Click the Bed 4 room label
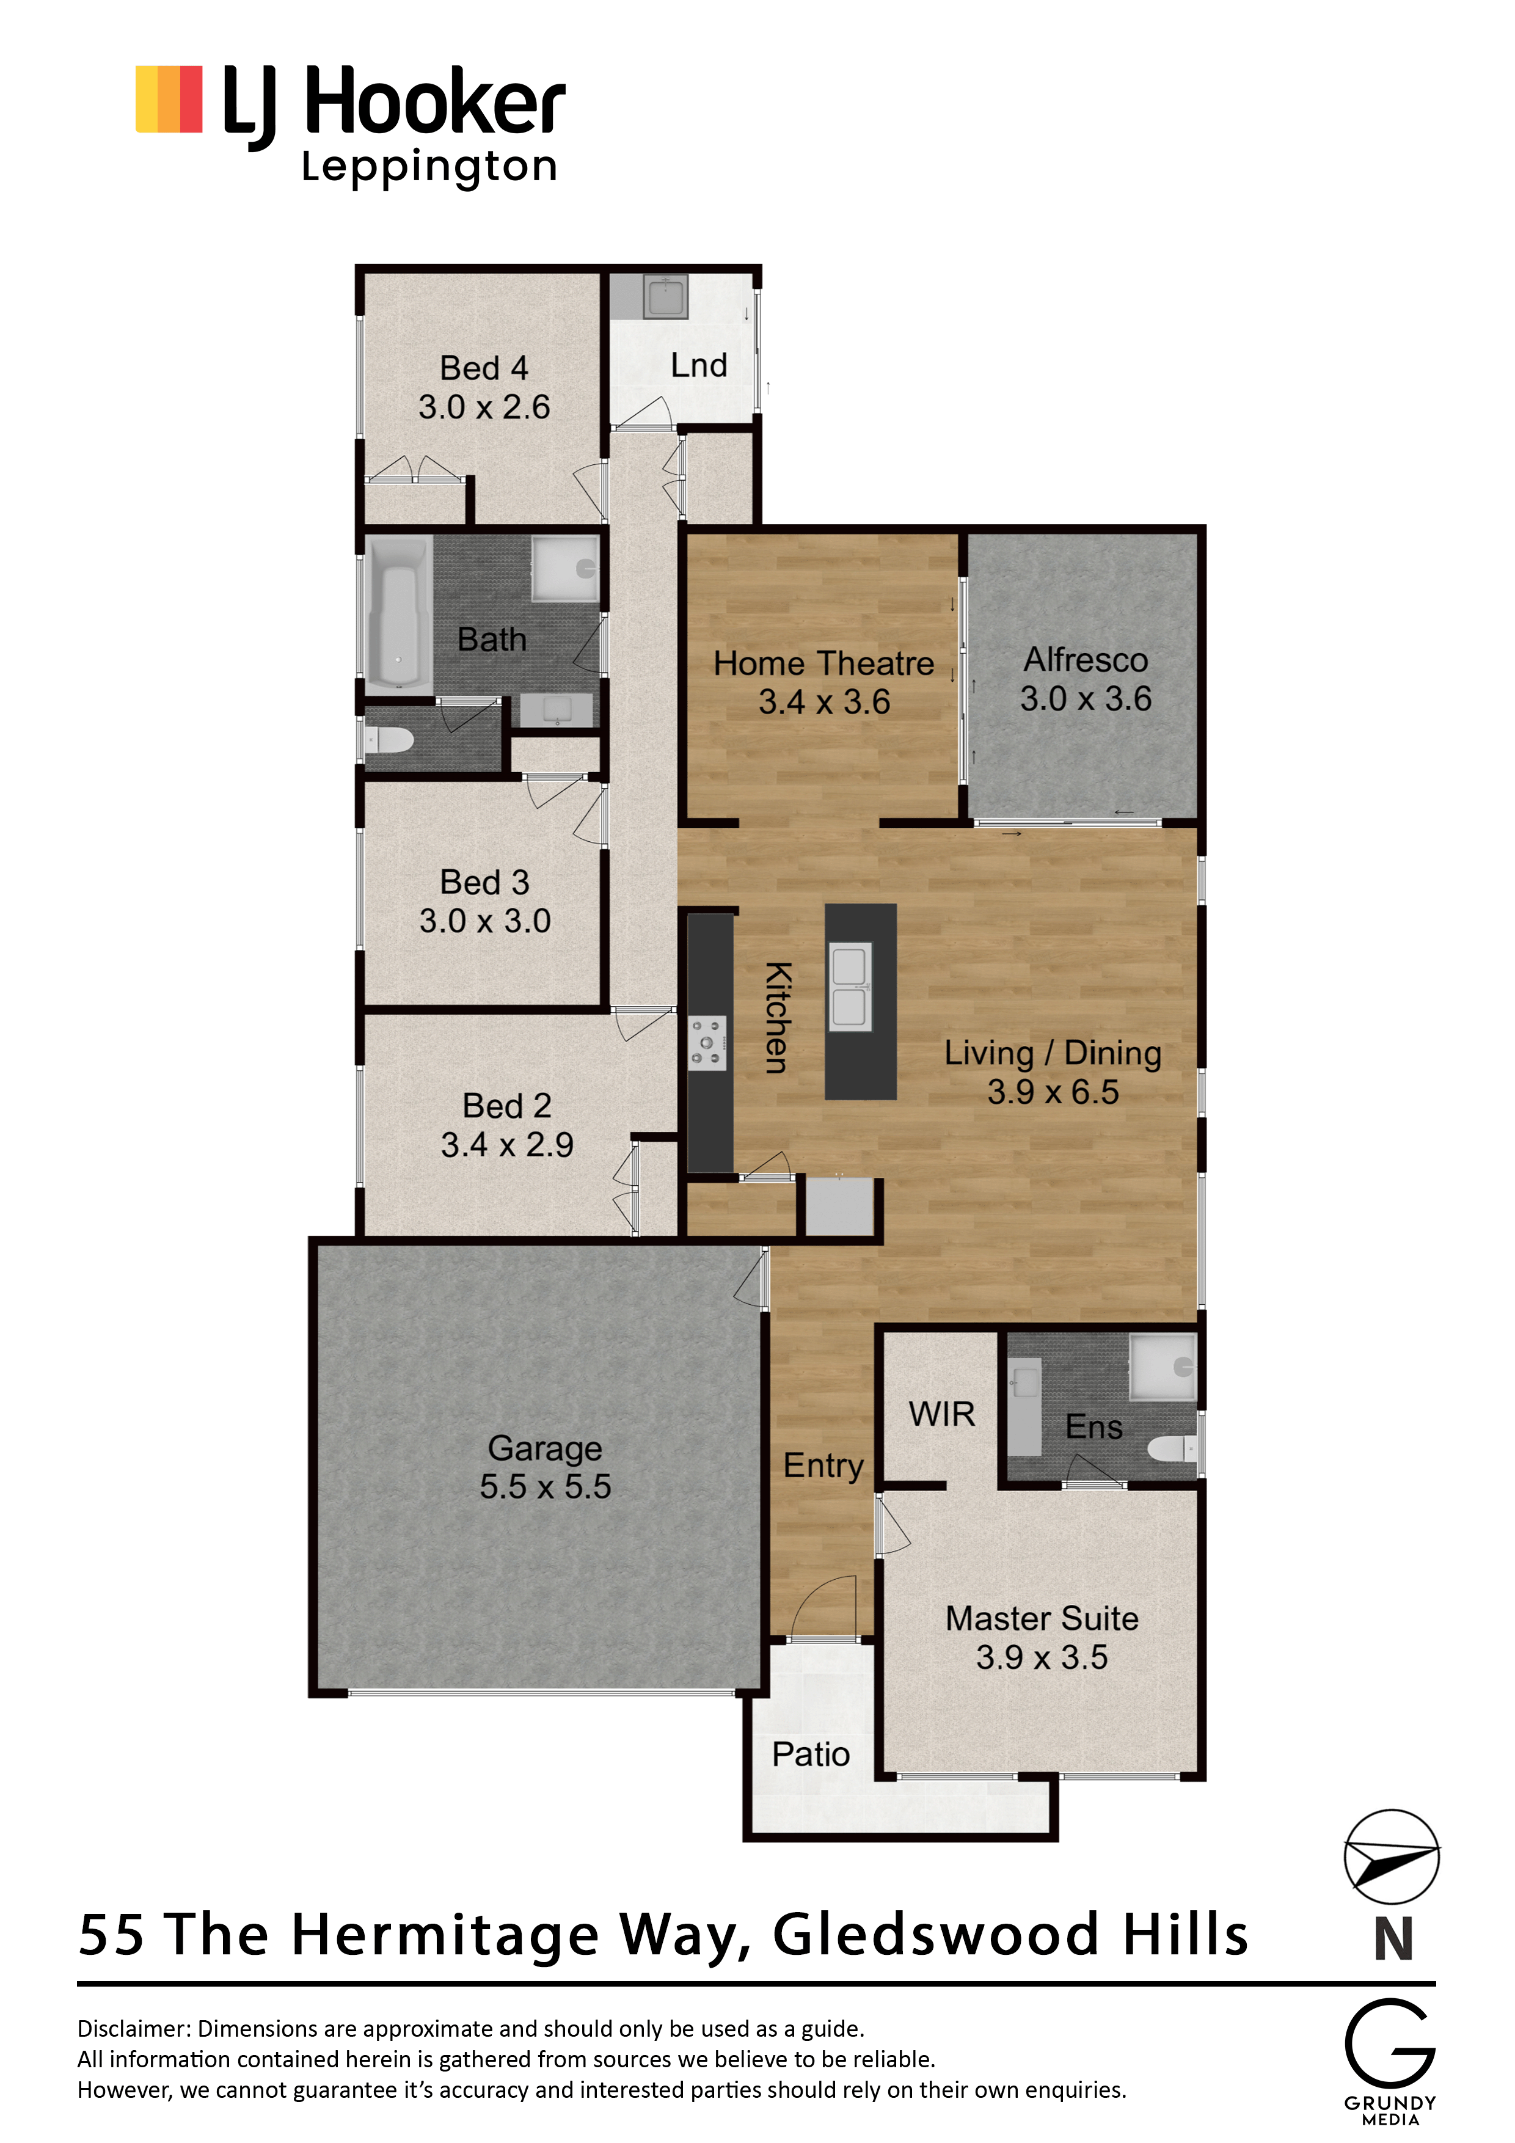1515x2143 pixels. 484,368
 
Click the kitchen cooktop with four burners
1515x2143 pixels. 707,1043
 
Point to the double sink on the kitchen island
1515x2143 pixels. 850,987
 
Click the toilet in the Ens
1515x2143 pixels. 1172,1448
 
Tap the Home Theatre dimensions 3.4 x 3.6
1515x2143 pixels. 824,701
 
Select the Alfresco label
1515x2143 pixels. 1086,660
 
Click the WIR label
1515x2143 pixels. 942,1414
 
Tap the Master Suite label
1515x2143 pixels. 1042,1618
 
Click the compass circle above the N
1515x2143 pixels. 1391,1856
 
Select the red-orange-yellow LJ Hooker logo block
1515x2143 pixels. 169,99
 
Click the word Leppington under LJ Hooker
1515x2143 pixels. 429,168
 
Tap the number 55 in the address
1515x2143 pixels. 112,1934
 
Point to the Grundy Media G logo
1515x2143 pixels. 1390,2043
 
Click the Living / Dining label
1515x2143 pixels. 1053,1053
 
